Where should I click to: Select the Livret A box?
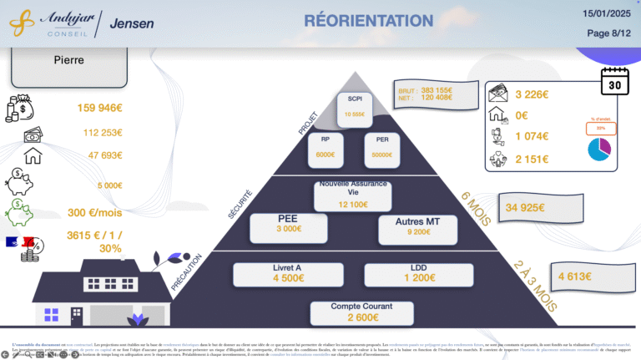[288, 274]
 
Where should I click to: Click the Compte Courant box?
[361, 312]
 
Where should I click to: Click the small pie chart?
[599, 150]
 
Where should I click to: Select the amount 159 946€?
[100, 108]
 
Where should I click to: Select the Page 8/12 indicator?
[609, 33]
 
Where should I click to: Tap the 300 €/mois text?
[94, 213]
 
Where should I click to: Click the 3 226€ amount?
[532, 94]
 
